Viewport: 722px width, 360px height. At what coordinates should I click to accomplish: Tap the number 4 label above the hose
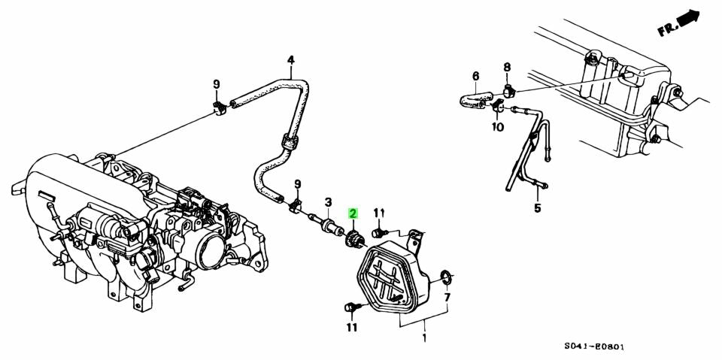291,60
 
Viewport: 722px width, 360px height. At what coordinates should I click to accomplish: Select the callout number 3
329,202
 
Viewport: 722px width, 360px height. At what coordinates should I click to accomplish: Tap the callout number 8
507,68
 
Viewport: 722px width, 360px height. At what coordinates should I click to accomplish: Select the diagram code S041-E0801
596,347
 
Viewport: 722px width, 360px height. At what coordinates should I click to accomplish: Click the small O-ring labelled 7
444,277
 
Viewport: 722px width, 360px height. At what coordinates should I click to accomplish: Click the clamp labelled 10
497,111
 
